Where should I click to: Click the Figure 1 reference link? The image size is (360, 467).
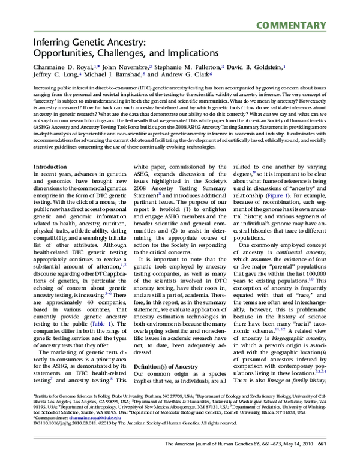pos(265,195)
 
